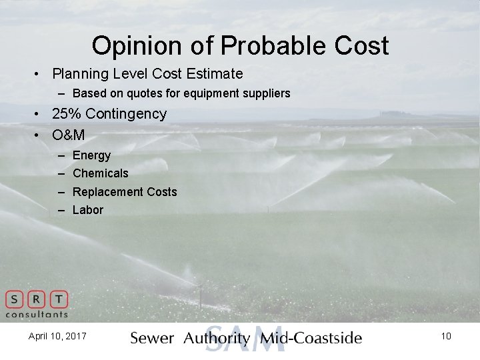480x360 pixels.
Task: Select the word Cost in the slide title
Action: pyautogui.click(x=362, y=46)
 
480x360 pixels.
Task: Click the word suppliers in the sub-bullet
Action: pyautogui.click(x=262, y=93)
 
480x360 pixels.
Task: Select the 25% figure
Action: pyautogui.click(x=67, y=114)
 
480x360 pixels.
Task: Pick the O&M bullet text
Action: pyautogui.click(x=68, y=135)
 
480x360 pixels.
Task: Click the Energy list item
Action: pyautogui.click(x=91, y=155)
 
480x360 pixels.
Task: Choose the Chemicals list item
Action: pyautogui.click(x=100, y=173)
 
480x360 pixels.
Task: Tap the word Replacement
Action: pyautogui.click(x=107, y=192)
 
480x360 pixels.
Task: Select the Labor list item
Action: pyautogui.click(x=88, y=210)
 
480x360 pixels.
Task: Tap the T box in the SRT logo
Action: pyautogui.click(x=59, y=299)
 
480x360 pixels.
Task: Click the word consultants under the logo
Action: pyautogui.click(x=37, y=314)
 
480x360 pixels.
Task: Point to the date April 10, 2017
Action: pyautogui.click(x=57, y=336)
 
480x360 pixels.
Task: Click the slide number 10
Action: pyautogui.click(x=446, y=336)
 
